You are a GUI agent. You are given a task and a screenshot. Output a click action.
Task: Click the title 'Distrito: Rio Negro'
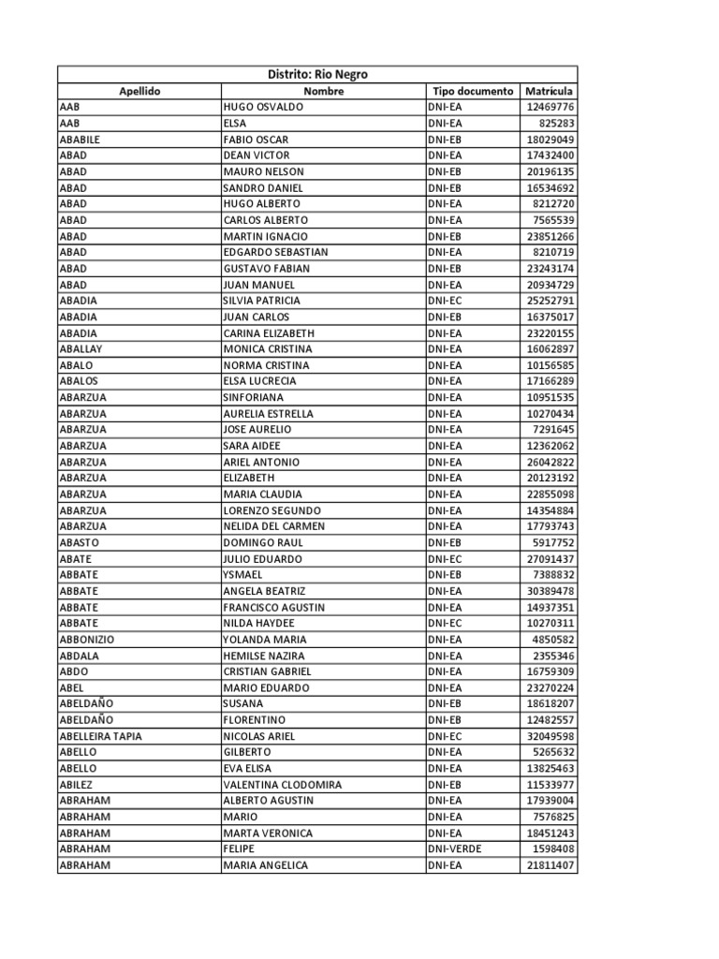coord(317,75)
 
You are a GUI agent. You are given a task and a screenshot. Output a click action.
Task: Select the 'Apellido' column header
coord(139,91)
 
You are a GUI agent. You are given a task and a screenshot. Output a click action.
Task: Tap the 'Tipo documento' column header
coord(473,91)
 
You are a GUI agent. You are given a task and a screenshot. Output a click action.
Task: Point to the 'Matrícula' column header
coord(550,91)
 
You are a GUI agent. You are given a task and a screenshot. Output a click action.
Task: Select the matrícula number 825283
coord(556,123)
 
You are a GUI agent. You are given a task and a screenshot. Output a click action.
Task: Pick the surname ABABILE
coord(80,140)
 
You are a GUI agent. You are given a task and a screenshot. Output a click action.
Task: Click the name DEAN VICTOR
coord(257,155)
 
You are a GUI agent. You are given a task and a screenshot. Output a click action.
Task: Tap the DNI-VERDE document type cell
coord(458,849)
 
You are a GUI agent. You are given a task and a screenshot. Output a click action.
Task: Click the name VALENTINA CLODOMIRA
coord(282,785)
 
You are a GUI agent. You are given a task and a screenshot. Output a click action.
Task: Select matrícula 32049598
coord(550,736)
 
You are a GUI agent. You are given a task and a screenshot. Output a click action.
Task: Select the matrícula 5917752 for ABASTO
coord(553,542)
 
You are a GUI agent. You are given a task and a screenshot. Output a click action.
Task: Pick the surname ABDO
coord(73,671)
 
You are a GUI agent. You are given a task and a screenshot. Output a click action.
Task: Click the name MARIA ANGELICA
coord(266,865)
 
